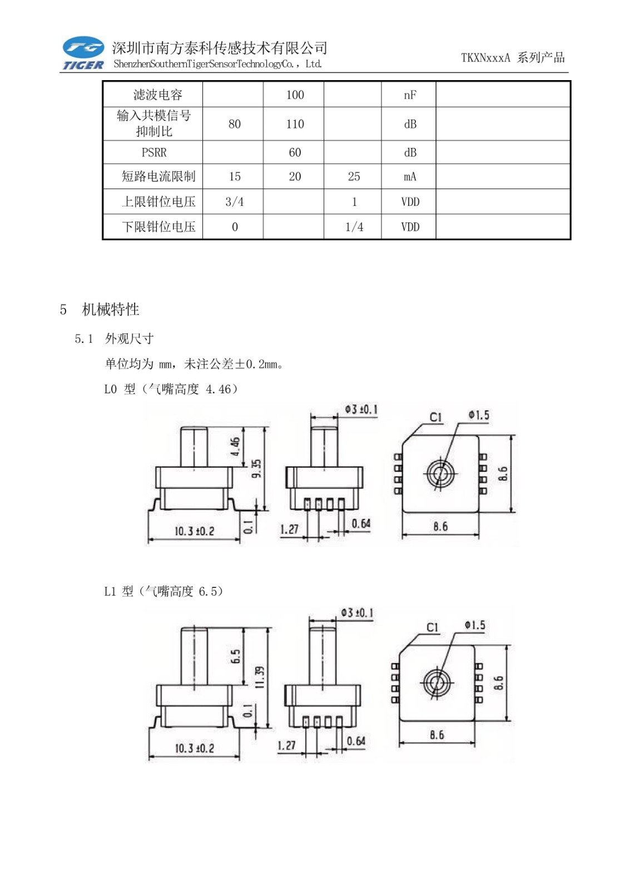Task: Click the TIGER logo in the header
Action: click(83, 53)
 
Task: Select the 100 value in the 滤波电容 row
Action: click(295, 95)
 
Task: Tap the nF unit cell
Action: click(410, 95)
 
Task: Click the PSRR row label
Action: click(154, 152)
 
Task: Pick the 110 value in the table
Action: click(295, 124)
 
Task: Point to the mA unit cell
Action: click(410, 177)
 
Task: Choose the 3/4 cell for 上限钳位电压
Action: click(234, 202)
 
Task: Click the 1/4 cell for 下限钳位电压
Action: click(354, 227)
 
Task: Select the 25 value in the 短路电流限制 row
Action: click(354, 177)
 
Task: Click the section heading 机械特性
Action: click(110, 309)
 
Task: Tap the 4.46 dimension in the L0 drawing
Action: click(235, 446)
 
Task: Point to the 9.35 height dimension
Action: click(256, 468)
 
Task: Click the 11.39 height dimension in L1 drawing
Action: click(260, 677)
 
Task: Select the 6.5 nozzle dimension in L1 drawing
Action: click(236, 656)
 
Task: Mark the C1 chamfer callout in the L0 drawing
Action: click(435, 417)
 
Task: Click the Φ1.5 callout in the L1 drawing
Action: click(475, 625)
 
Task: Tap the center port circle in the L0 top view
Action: click(440, 474)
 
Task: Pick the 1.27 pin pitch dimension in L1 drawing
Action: click(286, 745)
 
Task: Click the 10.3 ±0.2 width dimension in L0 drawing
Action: click(194, 531)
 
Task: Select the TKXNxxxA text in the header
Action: click(485, 58)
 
